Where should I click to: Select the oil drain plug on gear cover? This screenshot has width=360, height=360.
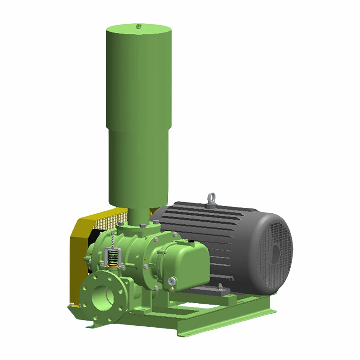pos(171,282)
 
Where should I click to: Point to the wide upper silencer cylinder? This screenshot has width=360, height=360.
pos(139,72)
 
